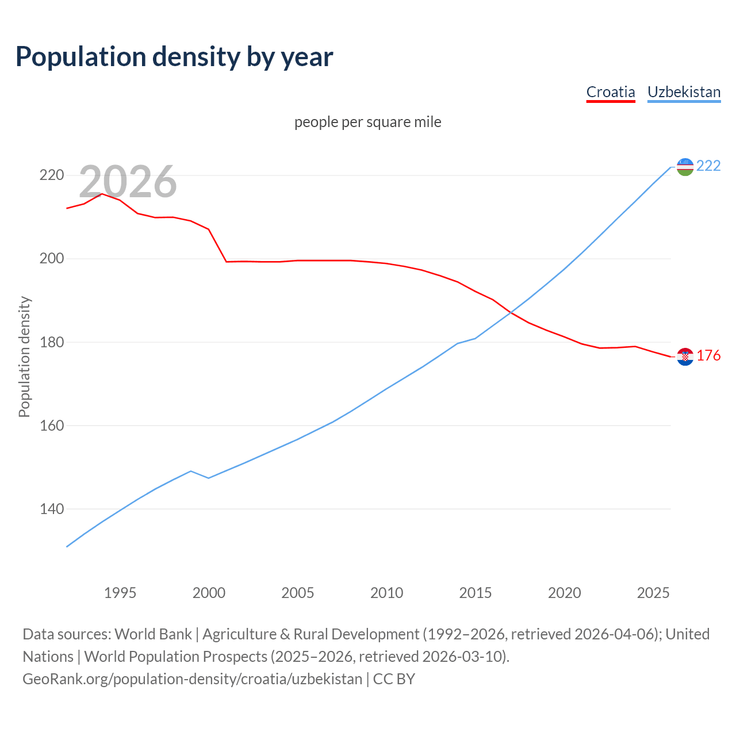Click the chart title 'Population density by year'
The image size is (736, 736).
tap(174, 57)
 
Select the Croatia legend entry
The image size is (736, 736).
tap(610, 92)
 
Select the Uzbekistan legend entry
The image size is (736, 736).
tap(684, 92)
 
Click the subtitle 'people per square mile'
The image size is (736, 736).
tap(367, 122)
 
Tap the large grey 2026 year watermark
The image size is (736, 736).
tap(128, 182)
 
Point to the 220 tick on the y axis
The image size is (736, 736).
tap(51, 175)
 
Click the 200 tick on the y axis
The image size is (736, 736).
tap(51, 259)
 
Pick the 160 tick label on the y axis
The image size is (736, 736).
tap(51, 426)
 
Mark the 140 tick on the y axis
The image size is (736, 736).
tap(51, 509)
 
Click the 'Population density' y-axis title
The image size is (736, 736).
tap(24, 356)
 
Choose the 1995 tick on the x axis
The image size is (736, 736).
tap(120, 593)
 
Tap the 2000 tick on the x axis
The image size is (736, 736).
tap(209, 593)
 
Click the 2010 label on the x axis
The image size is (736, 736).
tap(386, 593)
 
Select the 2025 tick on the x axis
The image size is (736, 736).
tap(653, 593)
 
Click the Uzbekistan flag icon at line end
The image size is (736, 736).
tap(685, 167)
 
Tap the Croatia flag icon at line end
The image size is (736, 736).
tap(685, 356)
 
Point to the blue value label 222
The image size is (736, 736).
tap(708, 166)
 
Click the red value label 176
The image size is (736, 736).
tap(708, 356)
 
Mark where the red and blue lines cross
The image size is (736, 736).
tap(510, 313)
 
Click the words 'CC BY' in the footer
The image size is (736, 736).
tap(394, 679)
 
